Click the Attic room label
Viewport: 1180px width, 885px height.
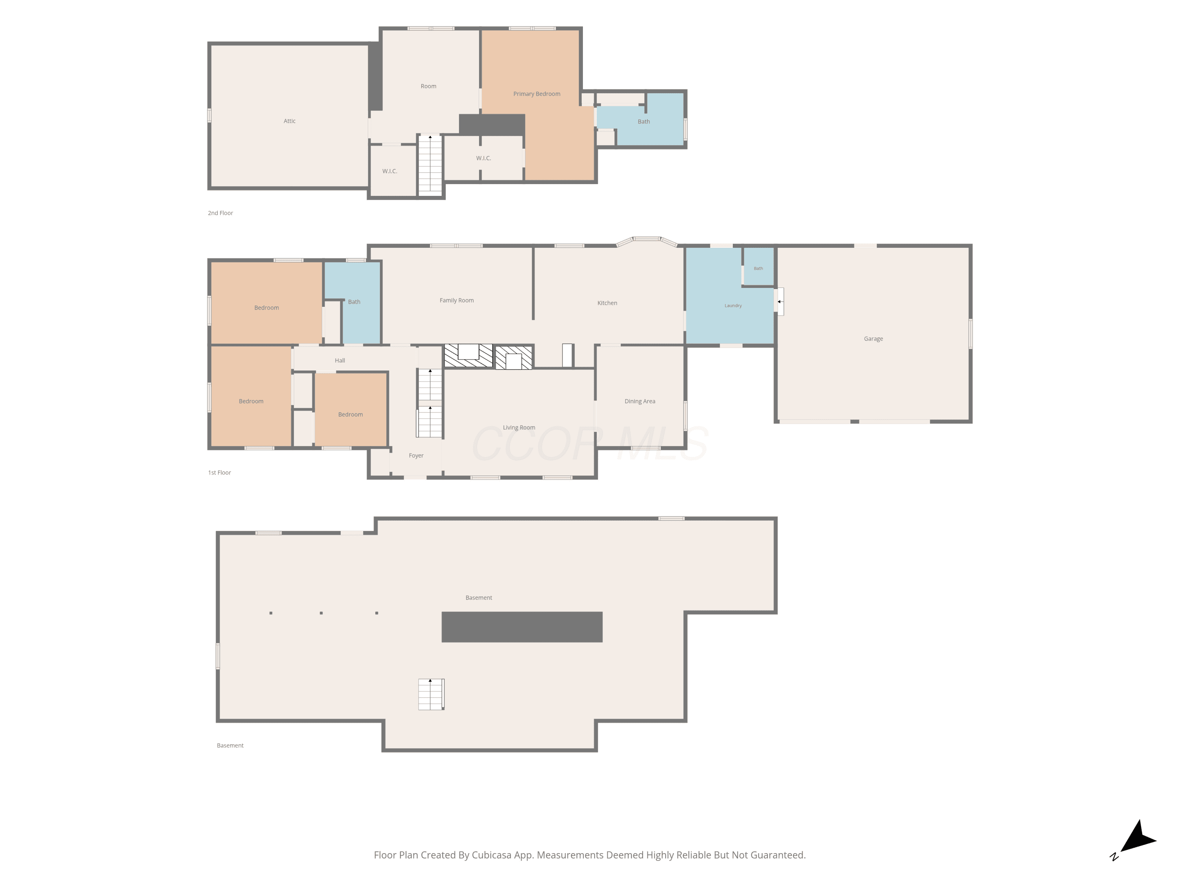[289, 121]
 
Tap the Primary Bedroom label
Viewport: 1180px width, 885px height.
[537, 94]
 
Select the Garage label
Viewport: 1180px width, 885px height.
[873, 339]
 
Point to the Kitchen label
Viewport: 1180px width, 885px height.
[607, 303]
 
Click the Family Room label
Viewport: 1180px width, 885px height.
[457, 301]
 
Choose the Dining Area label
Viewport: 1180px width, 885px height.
[640, 401]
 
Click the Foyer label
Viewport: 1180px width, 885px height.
[416, 455]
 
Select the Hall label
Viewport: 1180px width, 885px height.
[340, 361]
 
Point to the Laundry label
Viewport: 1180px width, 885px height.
[733, 306]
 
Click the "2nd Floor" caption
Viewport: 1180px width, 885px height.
[220, 213]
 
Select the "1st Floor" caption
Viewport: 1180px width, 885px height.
[219, 473]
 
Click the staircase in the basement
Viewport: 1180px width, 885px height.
[431, 694]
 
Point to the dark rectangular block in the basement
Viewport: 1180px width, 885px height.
[522, 627]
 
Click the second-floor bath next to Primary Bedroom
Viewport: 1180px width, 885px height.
[644, 122]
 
